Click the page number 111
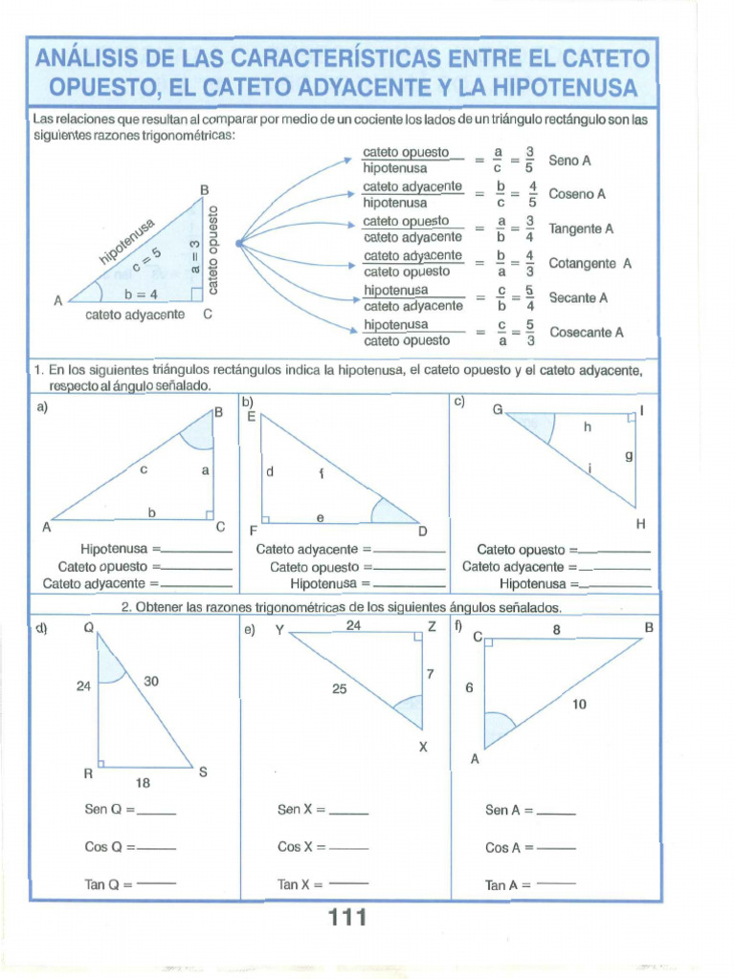(x=347, y=918)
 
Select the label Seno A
(x=569, y=161)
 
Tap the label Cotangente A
(x=590, y=263)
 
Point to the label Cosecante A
(x=586, y=333)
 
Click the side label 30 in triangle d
(x=151, y=682)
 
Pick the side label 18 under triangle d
(x=143, y=783)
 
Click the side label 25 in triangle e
(x=340, y=687)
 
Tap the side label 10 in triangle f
(x=580, y=704)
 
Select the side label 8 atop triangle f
(x=556, y=630)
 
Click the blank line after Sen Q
(x=158, y=812)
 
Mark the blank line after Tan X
(x=348, y=883)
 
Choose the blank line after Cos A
(x=556, y=848)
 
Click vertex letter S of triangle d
(x=203, y=772)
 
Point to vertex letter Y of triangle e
(x=278, y=629)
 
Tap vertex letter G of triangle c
(x=498, y=409)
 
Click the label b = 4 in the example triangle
(x=141, y=294)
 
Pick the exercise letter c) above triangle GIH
(x=459, y=401)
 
